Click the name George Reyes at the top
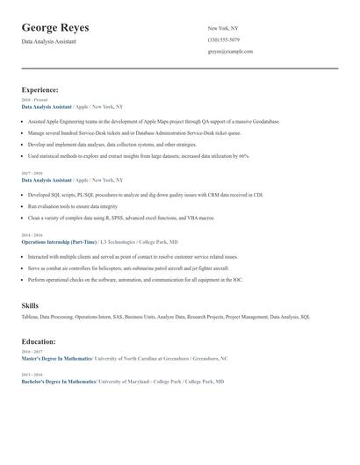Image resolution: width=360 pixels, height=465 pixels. tap(54, 27)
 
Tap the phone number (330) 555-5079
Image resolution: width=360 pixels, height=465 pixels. tap(223, 39)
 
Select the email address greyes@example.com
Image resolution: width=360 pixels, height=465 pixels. tap(230, 51)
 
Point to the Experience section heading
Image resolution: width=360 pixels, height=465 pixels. tap(40, 89)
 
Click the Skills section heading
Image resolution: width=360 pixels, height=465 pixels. tap(30, 305)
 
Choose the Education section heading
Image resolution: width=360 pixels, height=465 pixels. tap(39, 341)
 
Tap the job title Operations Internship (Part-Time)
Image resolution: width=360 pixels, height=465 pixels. tap(58, 240)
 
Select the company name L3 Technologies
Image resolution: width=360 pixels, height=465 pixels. tap(118, 240)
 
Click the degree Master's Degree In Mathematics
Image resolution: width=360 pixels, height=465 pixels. tap(56, 359)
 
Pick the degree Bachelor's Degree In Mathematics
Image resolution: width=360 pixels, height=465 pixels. tap(58, 382)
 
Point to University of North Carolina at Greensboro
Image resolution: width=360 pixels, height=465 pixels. tap(142, 359)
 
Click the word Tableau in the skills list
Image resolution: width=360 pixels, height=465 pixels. tap(30, 317)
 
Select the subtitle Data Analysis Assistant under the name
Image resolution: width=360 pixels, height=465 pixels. tap(48, 41)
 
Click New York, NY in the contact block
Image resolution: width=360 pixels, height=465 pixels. tap(223, 28)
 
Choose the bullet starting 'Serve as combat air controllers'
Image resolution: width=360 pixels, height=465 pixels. tap(127, 268)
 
